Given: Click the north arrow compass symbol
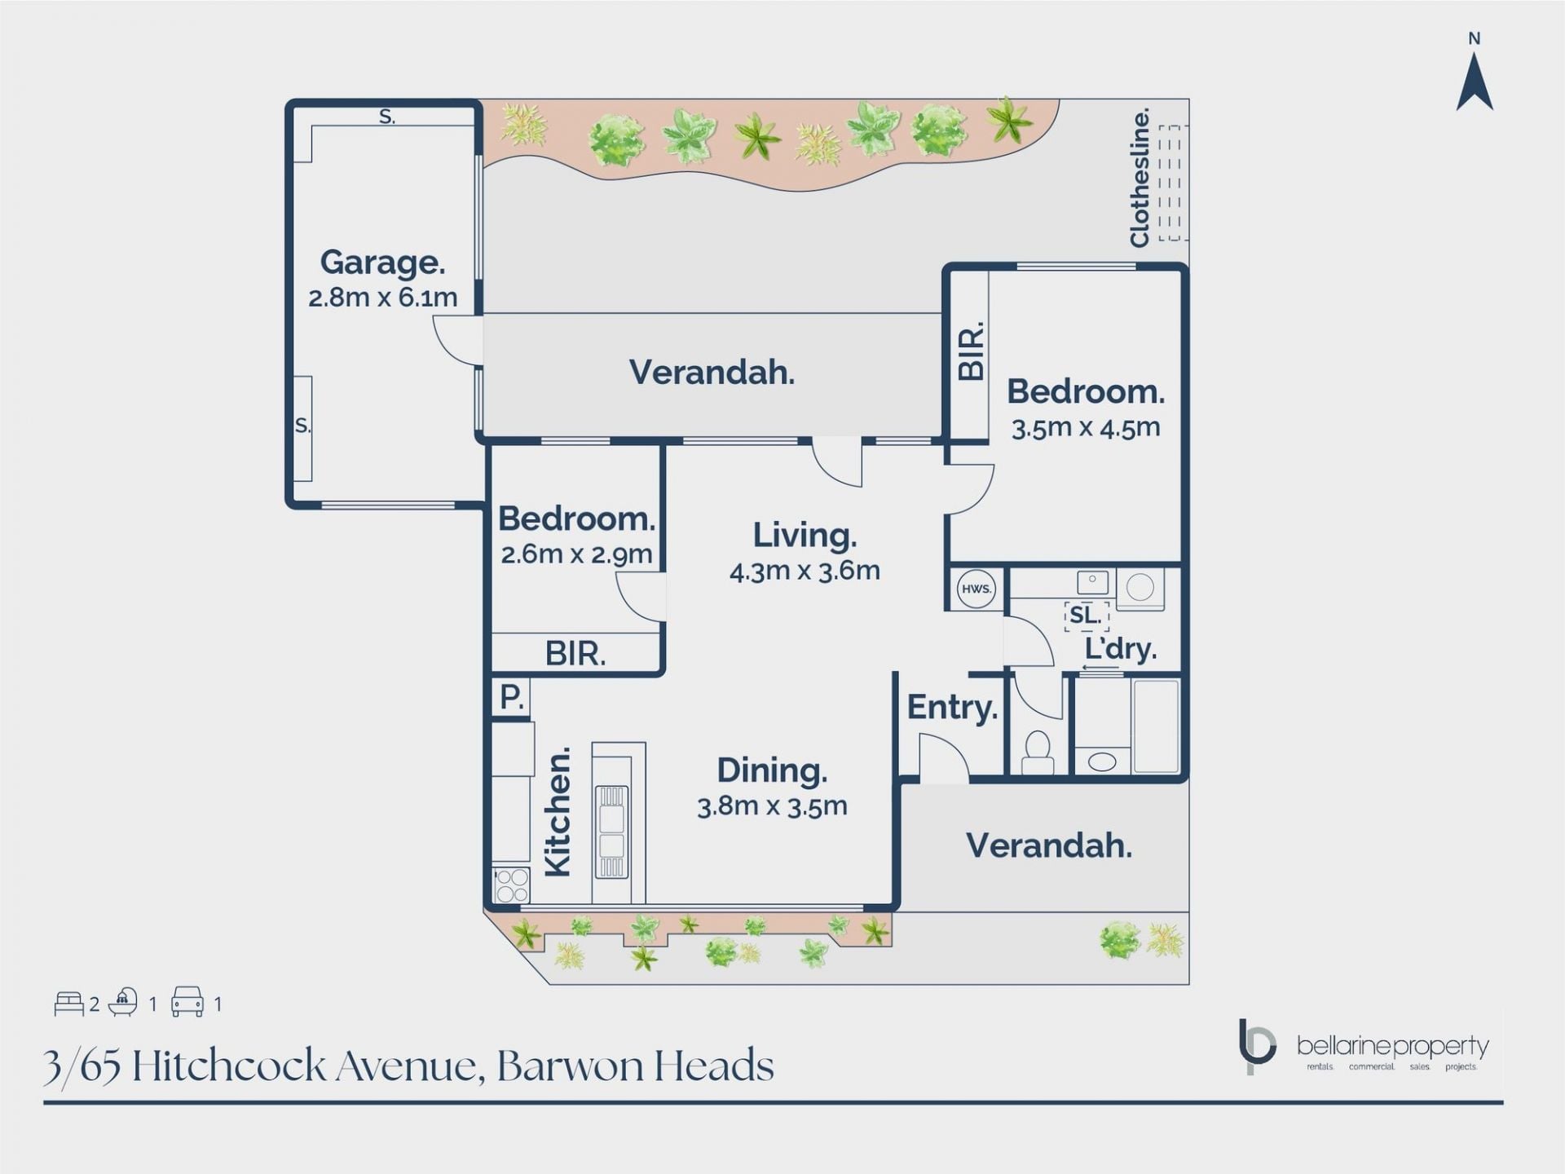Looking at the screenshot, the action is point(1474,81).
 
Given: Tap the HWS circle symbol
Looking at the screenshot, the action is point(976,589).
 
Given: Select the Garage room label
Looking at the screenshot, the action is point(382,263).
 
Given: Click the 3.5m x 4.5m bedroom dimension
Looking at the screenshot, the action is point(1086,427).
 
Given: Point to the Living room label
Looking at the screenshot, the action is point(805,536).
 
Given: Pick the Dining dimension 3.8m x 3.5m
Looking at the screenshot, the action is point(772,806).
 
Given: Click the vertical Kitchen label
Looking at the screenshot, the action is point(558,813).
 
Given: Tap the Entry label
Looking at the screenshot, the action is point(952,708).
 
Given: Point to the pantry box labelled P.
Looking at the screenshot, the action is point(511,698).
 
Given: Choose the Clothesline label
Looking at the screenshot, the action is point(1140,177).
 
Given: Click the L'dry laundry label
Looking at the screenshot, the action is point(1121,649).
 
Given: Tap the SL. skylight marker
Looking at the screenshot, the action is point(1087,615).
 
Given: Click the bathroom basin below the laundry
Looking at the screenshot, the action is point(1102,761).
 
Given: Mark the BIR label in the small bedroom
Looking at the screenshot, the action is point(575,654).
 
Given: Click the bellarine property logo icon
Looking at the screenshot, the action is point(1257,1045).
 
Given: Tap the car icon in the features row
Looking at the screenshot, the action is point(187,1002).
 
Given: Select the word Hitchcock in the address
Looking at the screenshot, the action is point(229,1066).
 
